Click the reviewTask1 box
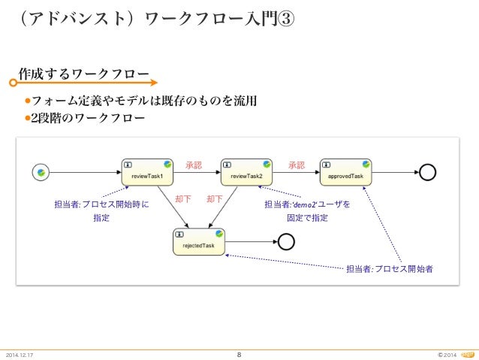pos(147,171)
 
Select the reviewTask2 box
pos(246,171)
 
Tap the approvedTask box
pos(345,171)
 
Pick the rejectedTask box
pos(199,241)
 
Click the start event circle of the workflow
pos(41,172)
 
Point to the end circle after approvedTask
pos(427,172)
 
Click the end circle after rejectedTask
pos(286,241)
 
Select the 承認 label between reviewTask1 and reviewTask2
pos(194,165)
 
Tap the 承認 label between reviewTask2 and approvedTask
pos(296,165)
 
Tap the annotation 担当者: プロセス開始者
pos(389,268)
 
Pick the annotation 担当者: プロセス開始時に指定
pos(101,210)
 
